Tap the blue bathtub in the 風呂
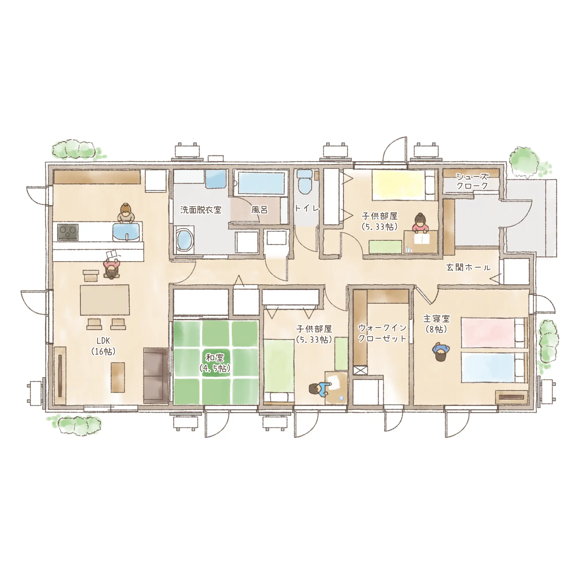pos(262,183)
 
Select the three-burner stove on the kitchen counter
pos(68,232)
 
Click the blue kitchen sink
pos(127,232)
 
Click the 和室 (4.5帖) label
pos(215,363)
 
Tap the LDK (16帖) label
pos(103,346)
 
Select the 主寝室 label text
pos(436,319)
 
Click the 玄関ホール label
pos(468,268)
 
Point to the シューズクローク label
pos(472,181)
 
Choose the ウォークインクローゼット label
pos(382,333)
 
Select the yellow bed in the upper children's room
pos(404,185)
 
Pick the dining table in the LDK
pos(105,300)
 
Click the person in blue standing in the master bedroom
pos(441,352)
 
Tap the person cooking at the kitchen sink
pos(126,213)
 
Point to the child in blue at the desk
pos(319,390)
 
